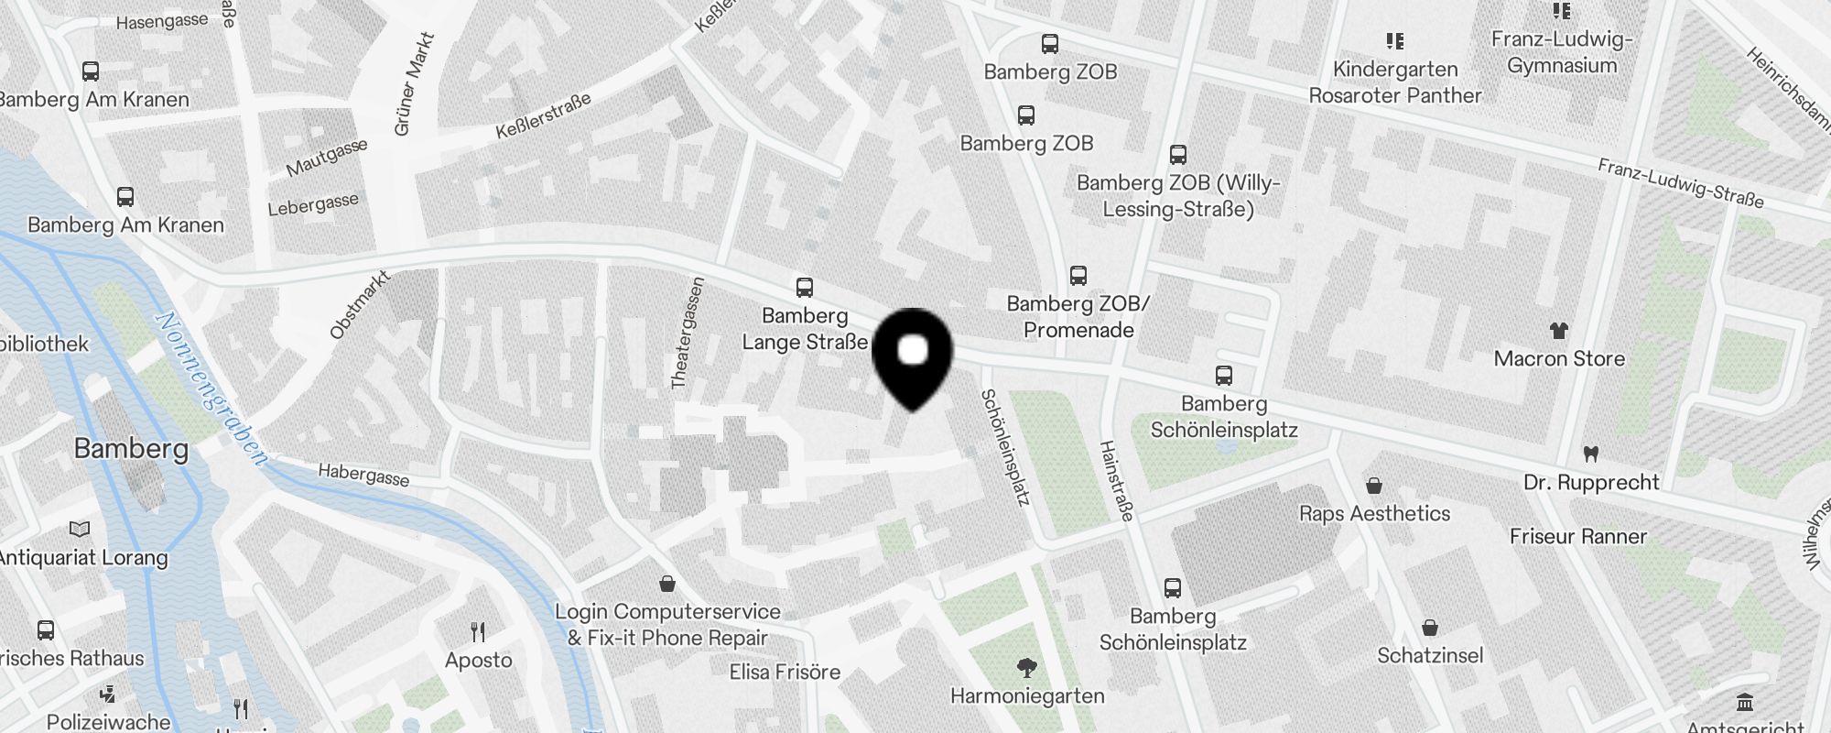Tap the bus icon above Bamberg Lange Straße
point(805,288)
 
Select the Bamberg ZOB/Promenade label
point(1078,317)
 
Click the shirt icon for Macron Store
point(1558,331)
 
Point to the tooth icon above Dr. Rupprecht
point(1591,454)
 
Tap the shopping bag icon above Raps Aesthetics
point(1373,486)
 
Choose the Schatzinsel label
point(1430,655)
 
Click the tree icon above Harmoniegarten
point(1027,668)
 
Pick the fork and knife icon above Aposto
point(478,631)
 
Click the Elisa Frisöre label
point(785,672)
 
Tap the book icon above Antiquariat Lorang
point(81,529)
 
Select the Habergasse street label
point(363,475)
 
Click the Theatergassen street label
point(688,334)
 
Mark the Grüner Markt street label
point(414,84)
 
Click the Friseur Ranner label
point(1577,536)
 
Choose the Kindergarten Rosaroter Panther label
point(1394,82)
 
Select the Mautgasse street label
point(327,157)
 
